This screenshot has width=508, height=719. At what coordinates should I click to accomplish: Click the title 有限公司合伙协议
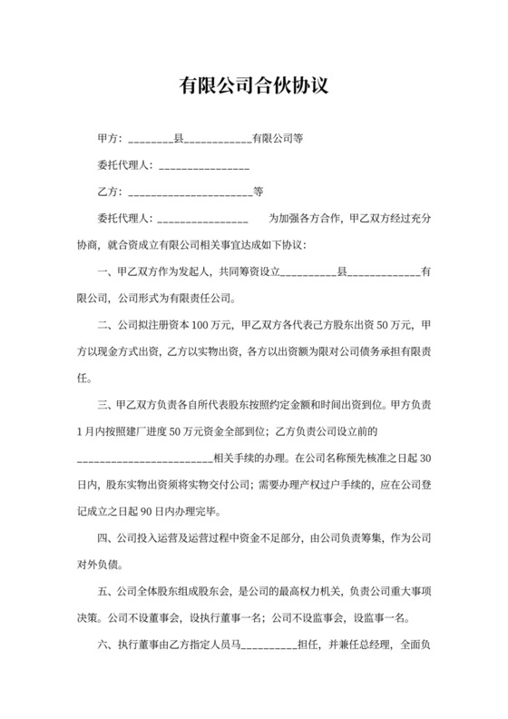coord(253,87)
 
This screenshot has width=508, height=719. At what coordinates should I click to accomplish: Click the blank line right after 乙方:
coord(190,193)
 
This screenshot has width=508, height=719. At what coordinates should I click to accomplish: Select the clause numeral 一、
coord(106,271)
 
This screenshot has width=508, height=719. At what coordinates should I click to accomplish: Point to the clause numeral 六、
coord(106,646)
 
